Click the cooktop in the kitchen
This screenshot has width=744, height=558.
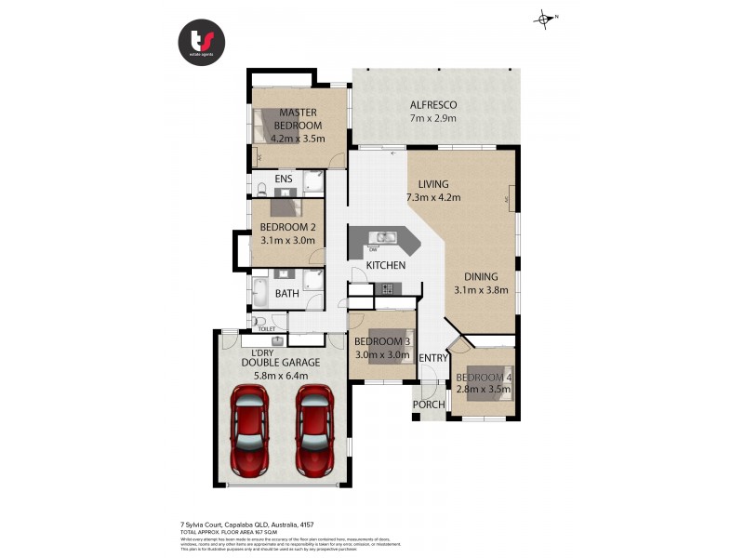[x=389, y=288]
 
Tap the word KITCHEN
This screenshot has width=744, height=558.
[x=386, y=266]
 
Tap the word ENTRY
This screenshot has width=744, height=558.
[x=433, y=358]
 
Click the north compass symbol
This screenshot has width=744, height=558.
[x=544, y=17]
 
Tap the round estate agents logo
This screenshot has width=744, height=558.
[x=201, y=43]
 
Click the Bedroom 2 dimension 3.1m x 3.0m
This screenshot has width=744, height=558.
[x=287, y=240]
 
